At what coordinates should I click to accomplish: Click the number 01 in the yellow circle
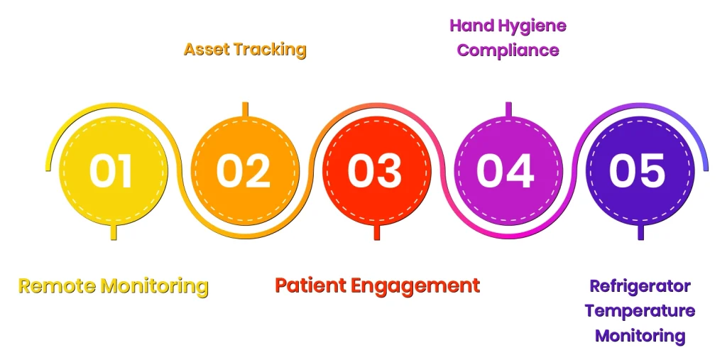point(111,171)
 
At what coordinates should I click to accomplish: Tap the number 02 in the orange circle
point(244,171)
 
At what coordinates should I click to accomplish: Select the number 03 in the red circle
point(376,171)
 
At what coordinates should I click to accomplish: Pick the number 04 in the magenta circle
point(505,171)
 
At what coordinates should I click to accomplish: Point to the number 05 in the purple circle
point(638,171)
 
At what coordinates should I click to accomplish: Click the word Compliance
point(508,50)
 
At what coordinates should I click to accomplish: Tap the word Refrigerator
point(640,286)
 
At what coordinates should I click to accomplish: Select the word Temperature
point(640,310)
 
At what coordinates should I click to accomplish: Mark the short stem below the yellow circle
point(112,231)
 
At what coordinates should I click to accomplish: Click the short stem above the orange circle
point(245,109)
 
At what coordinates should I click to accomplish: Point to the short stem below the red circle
point(376,231)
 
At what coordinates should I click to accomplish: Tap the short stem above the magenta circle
point(508,109)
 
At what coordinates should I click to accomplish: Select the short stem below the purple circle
point(640,231)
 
